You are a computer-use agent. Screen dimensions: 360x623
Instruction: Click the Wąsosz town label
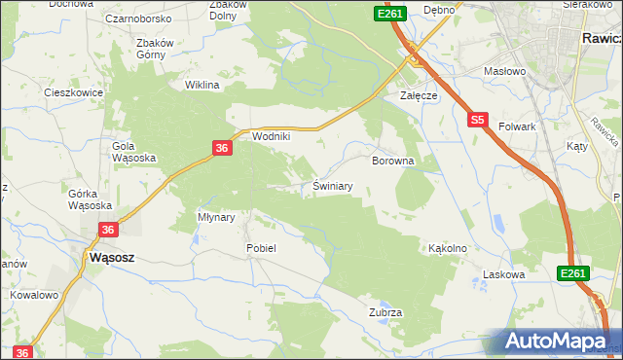point(111,258)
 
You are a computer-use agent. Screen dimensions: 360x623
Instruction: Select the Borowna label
point(393,161)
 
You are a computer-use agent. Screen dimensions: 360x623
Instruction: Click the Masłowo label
point(505,71)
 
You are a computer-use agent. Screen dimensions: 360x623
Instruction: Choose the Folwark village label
point(518,126)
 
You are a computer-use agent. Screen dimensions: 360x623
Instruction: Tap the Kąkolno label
point(448,248)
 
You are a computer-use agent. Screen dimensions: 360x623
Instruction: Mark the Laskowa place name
point(504,275)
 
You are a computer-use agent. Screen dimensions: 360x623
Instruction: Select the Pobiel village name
point(261,248)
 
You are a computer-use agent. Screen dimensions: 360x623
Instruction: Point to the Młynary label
point(216,217)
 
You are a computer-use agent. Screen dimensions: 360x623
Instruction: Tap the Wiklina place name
point(202,85)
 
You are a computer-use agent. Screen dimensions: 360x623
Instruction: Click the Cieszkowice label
point(67,92)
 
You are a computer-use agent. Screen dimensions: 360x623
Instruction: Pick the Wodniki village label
point(272,137)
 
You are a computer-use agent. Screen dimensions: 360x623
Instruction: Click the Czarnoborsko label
point(139,18)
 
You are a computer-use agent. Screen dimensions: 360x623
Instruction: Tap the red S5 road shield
point(476,121)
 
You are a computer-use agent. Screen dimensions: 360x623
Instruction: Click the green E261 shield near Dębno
point(389,14)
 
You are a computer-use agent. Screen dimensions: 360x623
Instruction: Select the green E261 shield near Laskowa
point(573,275)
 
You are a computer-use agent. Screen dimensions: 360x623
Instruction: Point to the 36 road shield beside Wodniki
point(222,148)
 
